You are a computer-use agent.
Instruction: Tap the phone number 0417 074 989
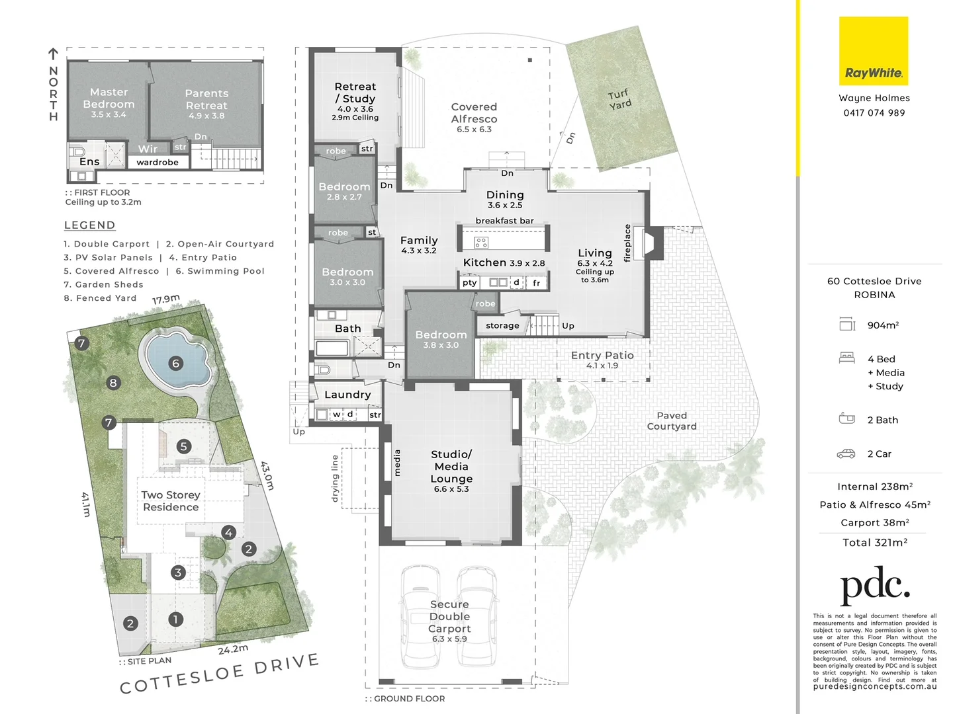tap(874, 113)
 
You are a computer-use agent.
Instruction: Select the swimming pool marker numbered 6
tap(176, 363)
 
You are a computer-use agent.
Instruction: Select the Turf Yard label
tap(619, 99)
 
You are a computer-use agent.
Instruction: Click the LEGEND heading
tap(89, 225)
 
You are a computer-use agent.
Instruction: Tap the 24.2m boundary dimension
tap(233, 649)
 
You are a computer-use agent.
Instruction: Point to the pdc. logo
tap(874, 585)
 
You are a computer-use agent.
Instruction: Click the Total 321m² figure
tap(874, 543)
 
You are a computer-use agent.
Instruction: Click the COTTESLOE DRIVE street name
tap(219, 674)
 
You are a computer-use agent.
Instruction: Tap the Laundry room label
tap(347, 395)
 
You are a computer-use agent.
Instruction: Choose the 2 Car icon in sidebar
tap(846, 454)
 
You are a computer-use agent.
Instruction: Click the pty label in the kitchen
tap(470, 282)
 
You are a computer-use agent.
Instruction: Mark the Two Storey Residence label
tap(170, 500)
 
